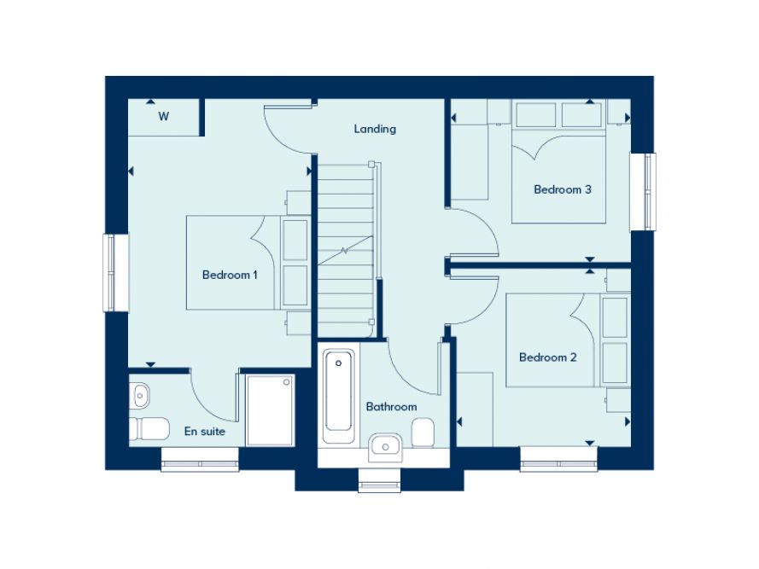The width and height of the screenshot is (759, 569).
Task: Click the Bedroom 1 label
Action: [x=230, y=275]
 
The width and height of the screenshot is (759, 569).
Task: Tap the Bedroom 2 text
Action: [x=547, y=357]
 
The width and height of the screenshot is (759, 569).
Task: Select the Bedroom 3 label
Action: [x=562, y=189]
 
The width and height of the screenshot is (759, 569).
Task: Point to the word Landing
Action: [x=375, y=129]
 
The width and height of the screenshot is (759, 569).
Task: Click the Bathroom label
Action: [x=391, y=407]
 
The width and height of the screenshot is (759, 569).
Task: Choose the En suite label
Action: [x=205, y=432]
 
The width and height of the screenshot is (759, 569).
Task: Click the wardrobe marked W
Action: [x=163, y=117]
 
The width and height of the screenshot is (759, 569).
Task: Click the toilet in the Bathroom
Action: [x=424, y=433]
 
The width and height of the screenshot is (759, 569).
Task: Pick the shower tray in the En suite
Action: [x=270, y=409]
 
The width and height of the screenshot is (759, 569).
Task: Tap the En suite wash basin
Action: [x=140, y=394]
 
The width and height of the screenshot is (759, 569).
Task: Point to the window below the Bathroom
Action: [x=379, y=481]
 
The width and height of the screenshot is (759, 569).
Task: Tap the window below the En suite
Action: [x=200, y=464]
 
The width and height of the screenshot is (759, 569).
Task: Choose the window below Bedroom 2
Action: [x=559, y=464]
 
